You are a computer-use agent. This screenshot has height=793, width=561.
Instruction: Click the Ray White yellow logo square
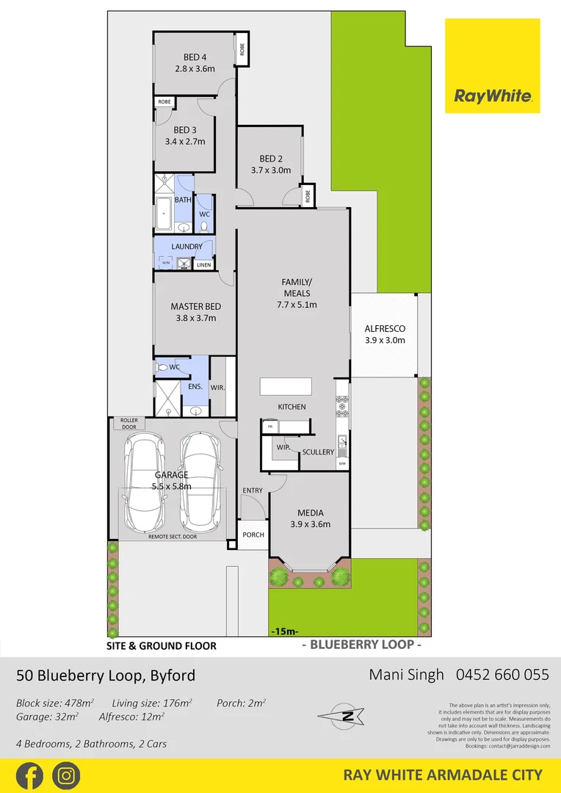pos(492,66)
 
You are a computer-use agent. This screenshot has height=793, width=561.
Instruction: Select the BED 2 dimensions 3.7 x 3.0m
pos(271,170)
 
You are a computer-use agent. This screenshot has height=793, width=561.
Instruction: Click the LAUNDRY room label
pos(187,247)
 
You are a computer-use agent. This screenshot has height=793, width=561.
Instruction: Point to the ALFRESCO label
pos(386,329)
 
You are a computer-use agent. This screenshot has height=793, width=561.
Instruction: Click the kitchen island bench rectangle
pos(286,387)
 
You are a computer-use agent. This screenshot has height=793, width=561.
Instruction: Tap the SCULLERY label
pos(318,452)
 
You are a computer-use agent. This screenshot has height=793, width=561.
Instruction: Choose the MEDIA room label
pos(309,513)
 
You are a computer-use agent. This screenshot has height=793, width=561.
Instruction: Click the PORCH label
pos(253,535)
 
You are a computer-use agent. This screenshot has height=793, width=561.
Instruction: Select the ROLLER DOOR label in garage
pos(129,424)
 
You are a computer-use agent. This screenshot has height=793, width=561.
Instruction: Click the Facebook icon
pos(29,775)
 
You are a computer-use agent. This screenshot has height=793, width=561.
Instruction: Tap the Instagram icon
pos(66,775)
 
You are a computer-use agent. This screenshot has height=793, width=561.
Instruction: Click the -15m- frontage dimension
pos(284,631)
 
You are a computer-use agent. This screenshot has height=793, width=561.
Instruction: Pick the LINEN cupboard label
pos(203,265)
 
